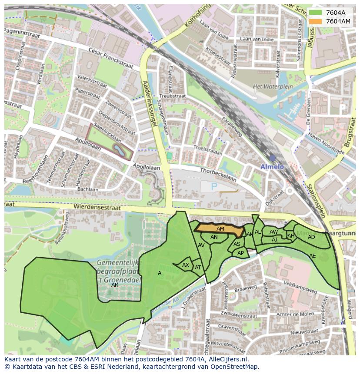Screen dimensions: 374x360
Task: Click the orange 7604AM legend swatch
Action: pyautogui.click(x=316, y=21)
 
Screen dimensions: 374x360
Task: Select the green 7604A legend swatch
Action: pyautogui.click(x=316, y=13)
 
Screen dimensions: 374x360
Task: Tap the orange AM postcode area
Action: pyautogui.click(x=220, y=229)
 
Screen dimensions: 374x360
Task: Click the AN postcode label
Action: pyautogui.click(x=214, y=237)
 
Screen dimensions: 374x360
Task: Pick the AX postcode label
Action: pyautogui.click(x=186, y=265)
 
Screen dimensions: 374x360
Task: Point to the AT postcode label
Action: pyautogui.click(x=198, y=268)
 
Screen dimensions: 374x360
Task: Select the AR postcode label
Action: pyautogui.click(x=115, y=285)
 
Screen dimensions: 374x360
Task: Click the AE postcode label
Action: pyautogui.click(x=312, y=256)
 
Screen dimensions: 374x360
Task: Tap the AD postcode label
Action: pyautogui.click(x=311, y=237)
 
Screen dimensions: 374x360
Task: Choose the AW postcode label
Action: pyautogui.click(x=273, y=232)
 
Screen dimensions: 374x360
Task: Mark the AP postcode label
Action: pyautogui.click(x=240, y=253)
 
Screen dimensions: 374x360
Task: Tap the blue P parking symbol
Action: pyautogui.click(x=214, y=186)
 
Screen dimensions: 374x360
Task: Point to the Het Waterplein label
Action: pyautogui.click(x=269, y=86)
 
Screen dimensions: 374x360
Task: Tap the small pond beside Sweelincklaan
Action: pyautogui.click(x=118, y=150)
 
